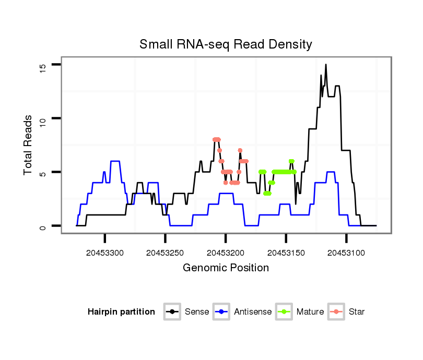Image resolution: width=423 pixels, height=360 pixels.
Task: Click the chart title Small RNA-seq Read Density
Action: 226,44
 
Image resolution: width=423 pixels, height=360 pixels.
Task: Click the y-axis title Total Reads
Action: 28,145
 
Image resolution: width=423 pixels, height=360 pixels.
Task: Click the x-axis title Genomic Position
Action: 226,268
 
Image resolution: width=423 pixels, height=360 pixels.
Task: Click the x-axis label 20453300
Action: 105,253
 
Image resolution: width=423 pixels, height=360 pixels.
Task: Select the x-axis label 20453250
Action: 165,253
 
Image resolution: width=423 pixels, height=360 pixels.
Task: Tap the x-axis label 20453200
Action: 226,253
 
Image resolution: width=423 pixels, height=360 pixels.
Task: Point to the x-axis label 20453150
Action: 286,253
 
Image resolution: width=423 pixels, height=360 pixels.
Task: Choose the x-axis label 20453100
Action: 346,253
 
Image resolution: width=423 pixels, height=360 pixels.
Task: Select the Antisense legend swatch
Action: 221,312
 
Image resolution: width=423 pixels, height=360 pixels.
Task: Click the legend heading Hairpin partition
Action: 121,312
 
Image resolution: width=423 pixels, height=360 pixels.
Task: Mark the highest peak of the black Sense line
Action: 326,65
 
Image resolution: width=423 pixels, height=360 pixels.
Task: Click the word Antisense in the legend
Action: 253,312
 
